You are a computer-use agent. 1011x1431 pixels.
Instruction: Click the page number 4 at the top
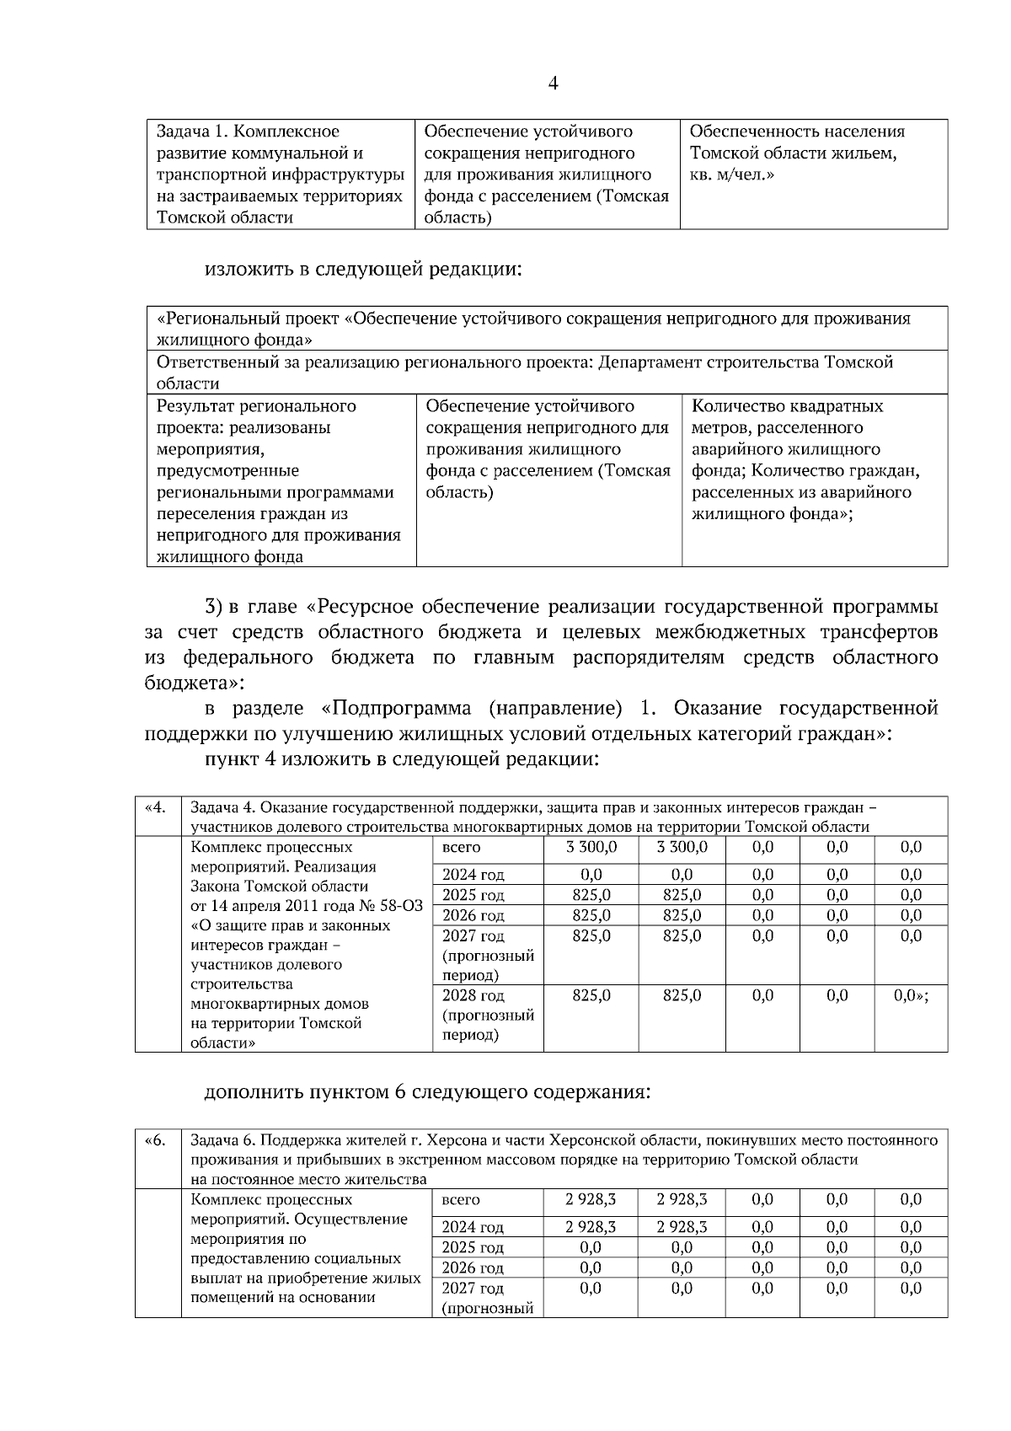pos(553,83)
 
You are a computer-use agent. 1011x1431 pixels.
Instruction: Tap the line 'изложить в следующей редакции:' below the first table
pos(363,270)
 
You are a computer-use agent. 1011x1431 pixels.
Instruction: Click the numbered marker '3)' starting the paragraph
pos(213,607)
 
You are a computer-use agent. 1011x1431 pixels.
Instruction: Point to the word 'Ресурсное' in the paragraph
pos(366,607)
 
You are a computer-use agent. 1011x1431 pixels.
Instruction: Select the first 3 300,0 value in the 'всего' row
pos(591,847)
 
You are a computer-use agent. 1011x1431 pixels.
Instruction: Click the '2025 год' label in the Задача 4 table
pos(473,895)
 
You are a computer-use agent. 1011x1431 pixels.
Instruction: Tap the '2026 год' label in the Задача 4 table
pos(473,915)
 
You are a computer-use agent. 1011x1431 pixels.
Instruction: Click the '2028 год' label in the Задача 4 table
pos(473,995)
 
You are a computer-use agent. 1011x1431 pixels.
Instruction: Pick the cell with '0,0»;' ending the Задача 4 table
pos(911,995)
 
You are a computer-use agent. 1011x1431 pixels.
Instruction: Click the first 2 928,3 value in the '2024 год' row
pos(591,1227)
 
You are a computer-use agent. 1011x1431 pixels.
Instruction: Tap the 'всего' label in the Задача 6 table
pos(461,1199)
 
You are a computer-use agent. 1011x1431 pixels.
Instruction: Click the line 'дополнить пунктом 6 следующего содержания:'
pos(427,1092)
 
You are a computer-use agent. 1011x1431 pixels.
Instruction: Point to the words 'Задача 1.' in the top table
pos(192,131)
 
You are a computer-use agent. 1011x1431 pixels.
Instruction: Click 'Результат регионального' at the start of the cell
pos(256,406)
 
